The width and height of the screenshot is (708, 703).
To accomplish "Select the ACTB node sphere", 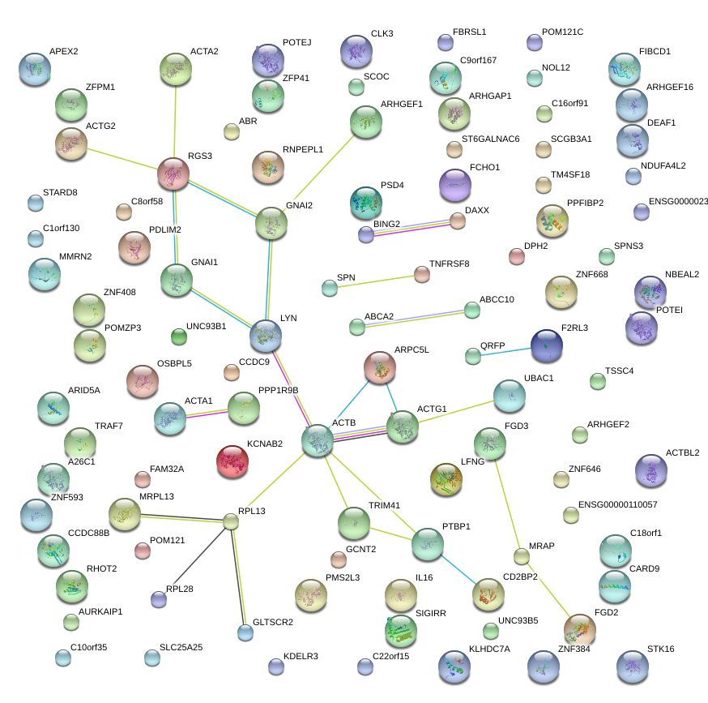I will coord(318,440).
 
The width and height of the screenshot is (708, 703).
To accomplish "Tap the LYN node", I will coord(266,335).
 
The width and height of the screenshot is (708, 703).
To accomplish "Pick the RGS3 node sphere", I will coord(173,174).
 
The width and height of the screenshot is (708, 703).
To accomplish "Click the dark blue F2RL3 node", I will coord(547,346).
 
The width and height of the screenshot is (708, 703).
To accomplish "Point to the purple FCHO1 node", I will coord(454,186).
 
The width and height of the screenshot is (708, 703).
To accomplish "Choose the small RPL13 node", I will coord(231,521).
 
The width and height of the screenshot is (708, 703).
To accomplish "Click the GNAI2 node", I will coord(271,224).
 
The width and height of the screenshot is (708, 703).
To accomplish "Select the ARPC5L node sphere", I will coord(379,367).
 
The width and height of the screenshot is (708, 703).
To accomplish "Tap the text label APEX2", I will coord(64,51).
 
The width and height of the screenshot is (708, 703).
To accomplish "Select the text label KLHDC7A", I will coord(489,649).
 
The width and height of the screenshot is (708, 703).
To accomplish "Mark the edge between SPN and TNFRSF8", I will coord(375,281).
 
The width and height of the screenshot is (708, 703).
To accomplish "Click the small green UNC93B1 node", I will coord(178,336).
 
